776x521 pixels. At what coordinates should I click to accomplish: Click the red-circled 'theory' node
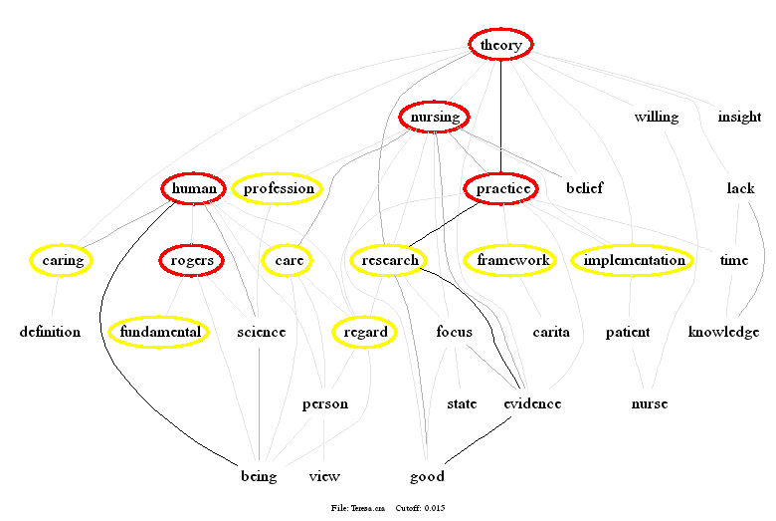click(x=501, y=45)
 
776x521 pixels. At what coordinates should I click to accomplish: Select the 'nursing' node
click(x=435, y=118)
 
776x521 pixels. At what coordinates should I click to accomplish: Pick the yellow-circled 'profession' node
click(x=279, y=188)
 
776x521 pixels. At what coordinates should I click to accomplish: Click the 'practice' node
click(x=501, y=188)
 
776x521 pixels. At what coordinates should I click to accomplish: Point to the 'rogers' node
click(x=192, y=261)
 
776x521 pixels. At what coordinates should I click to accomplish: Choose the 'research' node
click(x=389, y=261)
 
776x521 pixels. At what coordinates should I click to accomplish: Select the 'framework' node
click(x=513, y=261)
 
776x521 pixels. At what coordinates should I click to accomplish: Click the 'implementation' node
click(x=634, y=261)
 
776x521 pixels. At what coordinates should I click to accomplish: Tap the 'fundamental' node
click(x=159, y=332)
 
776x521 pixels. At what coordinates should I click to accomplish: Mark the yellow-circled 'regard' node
click(x=365, y=332)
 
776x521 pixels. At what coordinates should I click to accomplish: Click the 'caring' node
click(x=61, y=261)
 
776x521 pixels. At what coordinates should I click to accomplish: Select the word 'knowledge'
click(x=723, y=332)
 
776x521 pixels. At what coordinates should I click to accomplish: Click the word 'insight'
click(x=739, y=118)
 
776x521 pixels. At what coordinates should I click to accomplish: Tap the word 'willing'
click(x=657, y=118)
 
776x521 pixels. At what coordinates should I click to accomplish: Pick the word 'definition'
click(x=50, y=332)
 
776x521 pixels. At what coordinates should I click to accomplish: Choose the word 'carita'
click(x=550, y=332)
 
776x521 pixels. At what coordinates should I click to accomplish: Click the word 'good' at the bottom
click(x=427, y=476)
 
